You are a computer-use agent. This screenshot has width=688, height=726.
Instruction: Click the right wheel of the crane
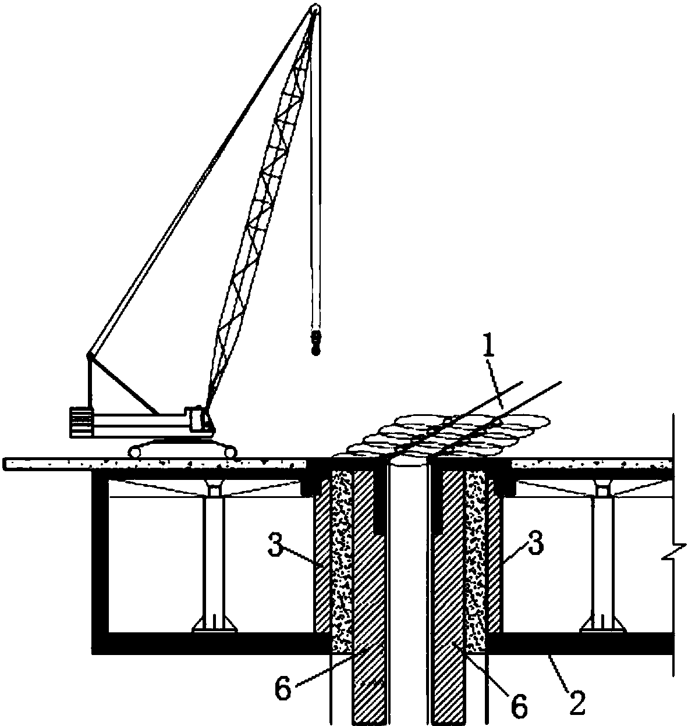click(230, 451)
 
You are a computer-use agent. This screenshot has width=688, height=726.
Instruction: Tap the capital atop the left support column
click(213, 488)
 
